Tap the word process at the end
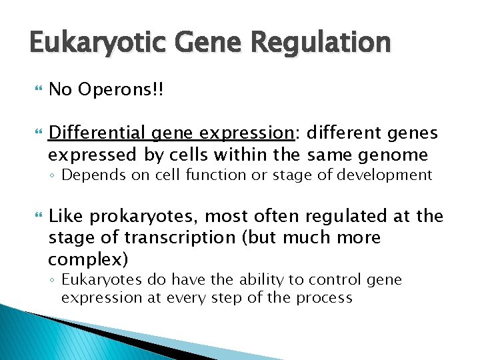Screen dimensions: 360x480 click(x=319, y=297)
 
